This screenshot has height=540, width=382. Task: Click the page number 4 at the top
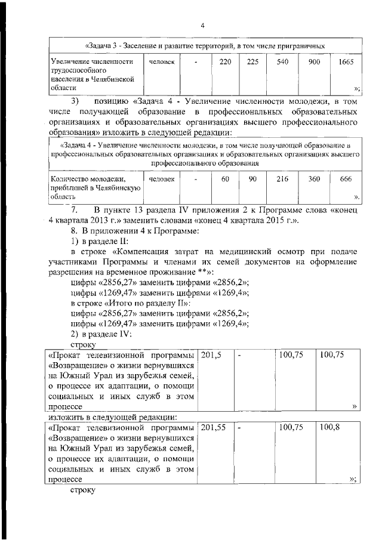coord(202,25)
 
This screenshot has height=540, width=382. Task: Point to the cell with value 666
coord(346,178)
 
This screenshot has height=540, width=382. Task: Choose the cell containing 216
coord(282,178)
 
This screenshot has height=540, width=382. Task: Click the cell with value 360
coord(314,178)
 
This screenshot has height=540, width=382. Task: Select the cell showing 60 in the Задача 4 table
coord(225,178)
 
